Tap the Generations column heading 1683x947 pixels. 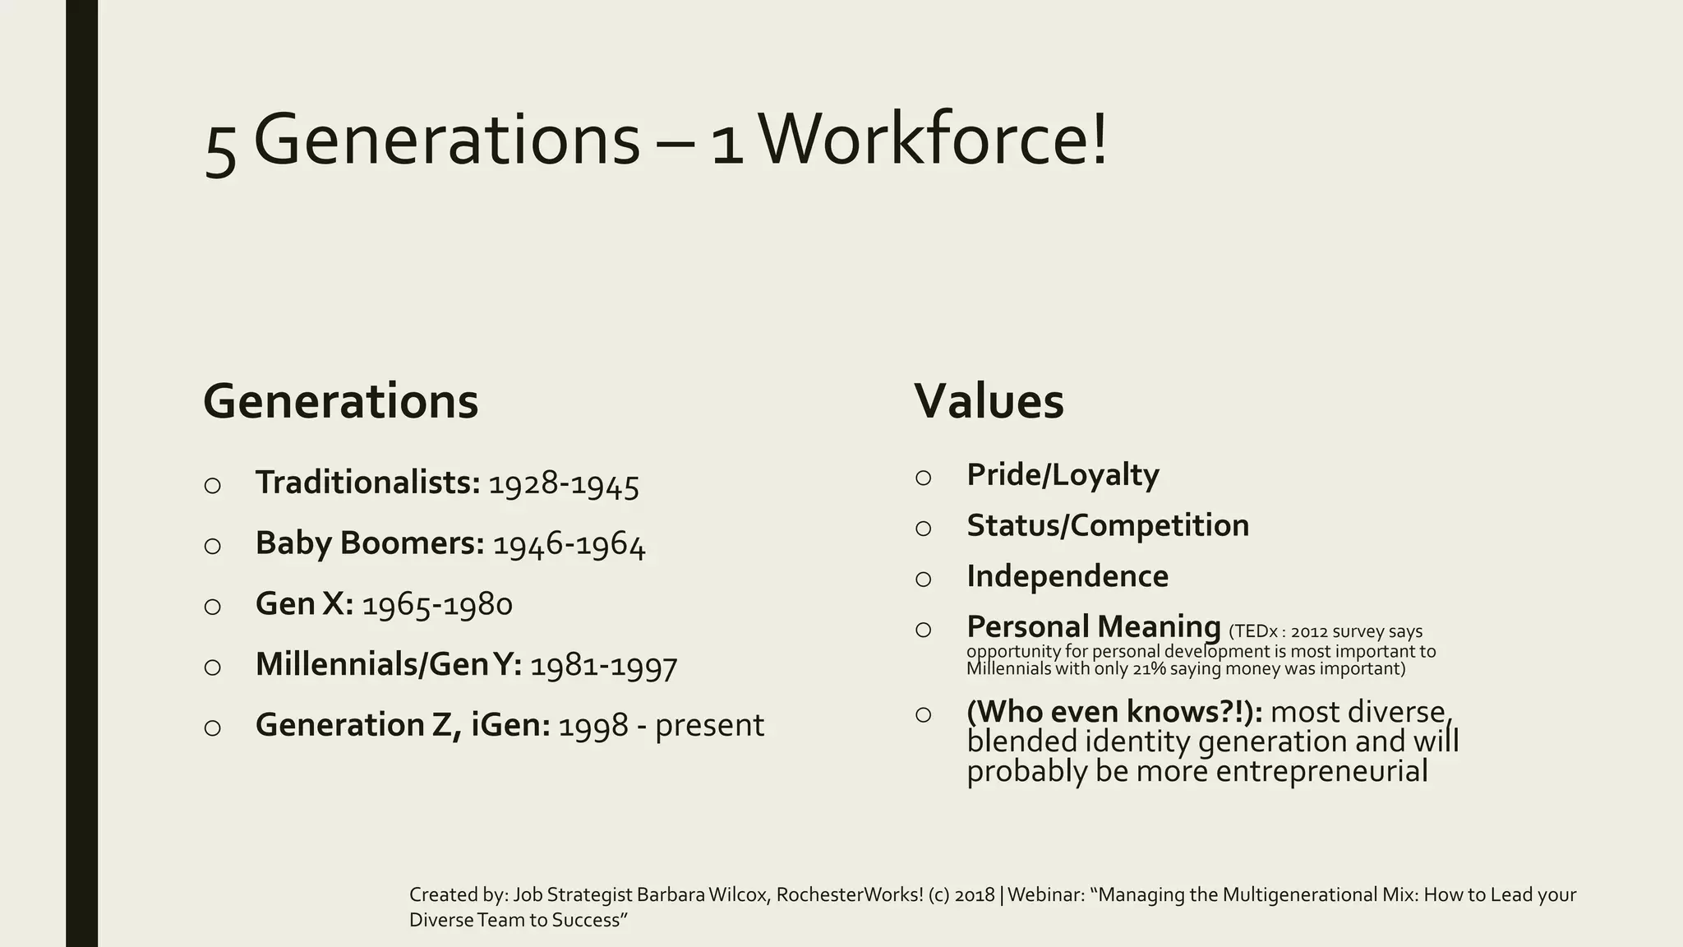pos(340,401)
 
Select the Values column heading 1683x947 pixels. pos(989,401)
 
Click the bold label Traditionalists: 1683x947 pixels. pos(367,483)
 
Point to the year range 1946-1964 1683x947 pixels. pos(569,544)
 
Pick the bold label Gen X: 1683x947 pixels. pos(304,604)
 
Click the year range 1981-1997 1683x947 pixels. pos(603,665)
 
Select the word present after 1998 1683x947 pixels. pos(709,725)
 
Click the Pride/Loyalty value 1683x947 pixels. pos(1063,475)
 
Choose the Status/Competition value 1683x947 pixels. pos(1107,526)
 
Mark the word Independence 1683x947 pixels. pos(1067,577)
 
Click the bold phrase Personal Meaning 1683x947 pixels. pos(1093,627)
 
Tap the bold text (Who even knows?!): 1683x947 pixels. pos(1114,712)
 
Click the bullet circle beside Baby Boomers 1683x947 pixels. pos(212,546)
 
